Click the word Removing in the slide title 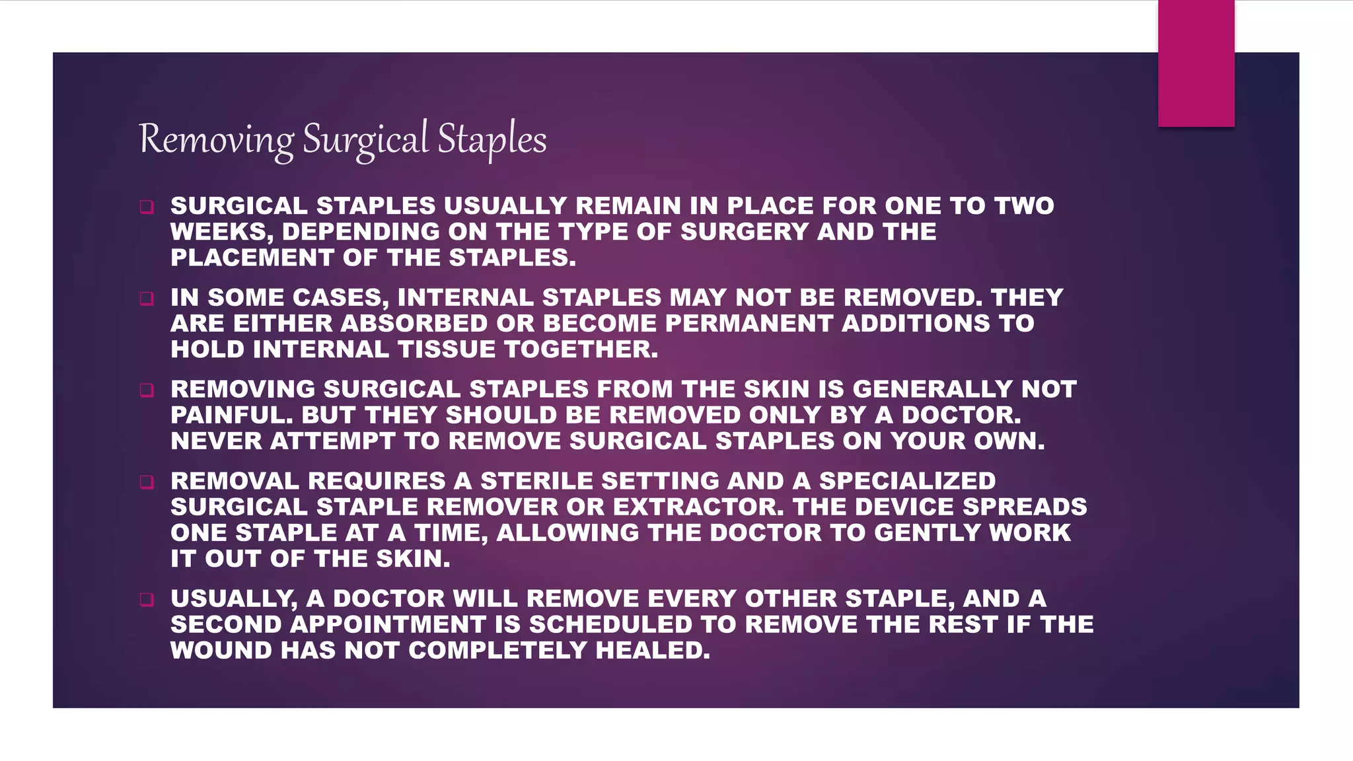click(x=217, y=140)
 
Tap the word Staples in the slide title click(x=492, y=140)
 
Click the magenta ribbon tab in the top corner click(x=1196, y=63)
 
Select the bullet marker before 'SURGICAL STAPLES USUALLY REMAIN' click(x=147, y=207)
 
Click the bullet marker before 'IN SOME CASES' click(x=147, y=299)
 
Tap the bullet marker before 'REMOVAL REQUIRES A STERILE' click(x=147, y=482)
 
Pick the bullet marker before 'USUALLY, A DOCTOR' click(x=147, y=600)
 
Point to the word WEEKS click(x=221, y=233)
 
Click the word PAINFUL click(x=231, y=416)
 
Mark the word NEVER click(x=216, y=441)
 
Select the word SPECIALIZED click(x=908, y=482)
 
